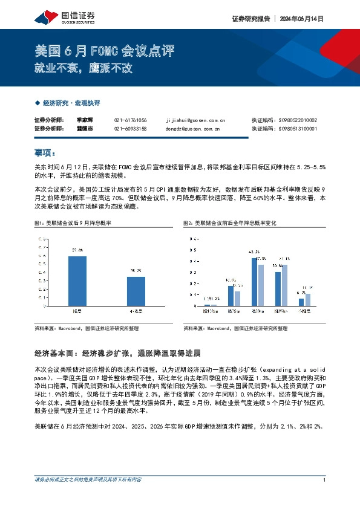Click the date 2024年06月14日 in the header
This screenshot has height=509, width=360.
click(x=301, y=19)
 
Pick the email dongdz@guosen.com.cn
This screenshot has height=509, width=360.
click(x=192, y=128)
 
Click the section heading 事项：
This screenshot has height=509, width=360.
click(x=46, y=152)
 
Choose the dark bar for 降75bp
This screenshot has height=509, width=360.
click(x=231, y=296)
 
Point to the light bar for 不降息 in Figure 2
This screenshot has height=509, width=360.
click(x=307, y=299)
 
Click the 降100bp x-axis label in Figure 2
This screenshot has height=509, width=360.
click(x=210, y=311)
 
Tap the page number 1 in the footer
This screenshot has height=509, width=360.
click(x=325, y=497)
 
